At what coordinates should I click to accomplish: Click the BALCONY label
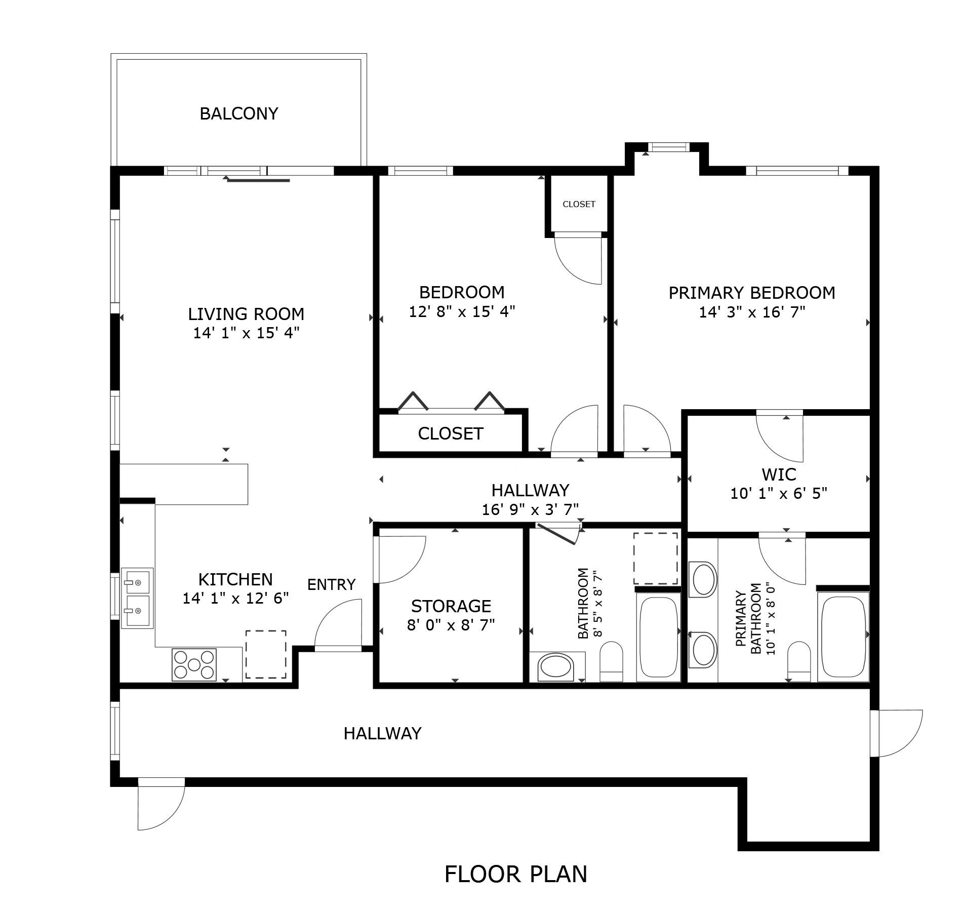[239, 113]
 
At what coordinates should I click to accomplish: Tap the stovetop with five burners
[194, 664]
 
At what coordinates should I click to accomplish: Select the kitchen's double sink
[137, 598]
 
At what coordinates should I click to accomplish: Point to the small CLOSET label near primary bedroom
[579, 204]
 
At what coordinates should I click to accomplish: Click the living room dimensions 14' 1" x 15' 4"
[246, 333]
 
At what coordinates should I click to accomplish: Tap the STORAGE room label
[451, 606]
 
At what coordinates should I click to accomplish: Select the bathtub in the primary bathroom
[843, 636]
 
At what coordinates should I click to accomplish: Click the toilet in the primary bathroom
[799, 661]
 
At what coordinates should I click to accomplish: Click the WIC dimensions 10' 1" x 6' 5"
[778, 493]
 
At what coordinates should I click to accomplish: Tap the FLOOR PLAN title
[515, 874]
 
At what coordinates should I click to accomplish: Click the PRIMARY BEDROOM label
[751, 293]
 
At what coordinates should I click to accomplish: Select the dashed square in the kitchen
[266, 654]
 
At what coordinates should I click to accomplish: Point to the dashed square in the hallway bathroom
[656, 558]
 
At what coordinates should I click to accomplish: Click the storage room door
[400, 560]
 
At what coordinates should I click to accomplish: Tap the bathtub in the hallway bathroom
[658, 636]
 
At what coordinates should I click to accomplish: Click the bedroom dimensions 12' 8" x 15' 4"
[462, 311]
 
